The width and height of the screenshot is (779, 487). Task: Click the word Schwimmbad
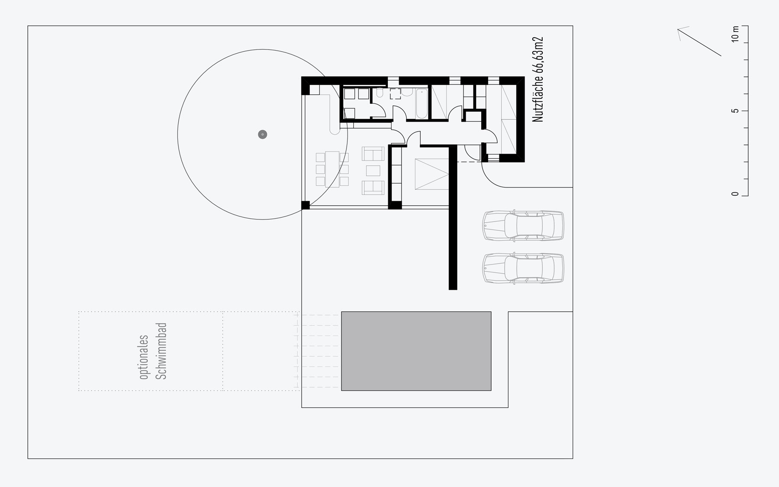pos(161,351)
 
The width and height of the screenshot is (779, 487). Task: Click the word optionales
pos(144,358)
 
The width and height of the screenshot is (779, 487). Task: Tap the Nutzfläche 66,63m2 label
pos(538,80)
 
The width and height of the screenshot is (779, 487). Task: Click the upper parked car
pos(523,226)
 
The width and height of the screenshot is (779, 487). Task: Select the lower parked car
pos(523,268)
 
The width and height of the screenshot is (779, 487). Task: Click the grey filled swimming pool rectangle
pos(416,351)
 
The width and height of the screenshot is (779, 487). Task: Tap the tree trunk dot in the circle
pos(262,134)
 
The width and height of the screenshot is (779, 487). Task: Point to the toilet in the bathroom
pos(380,93)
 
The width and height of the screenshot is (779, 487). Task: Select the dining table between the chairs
pos(332,169)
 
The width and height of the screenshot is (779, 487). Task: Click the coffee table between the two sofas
pos(373,170)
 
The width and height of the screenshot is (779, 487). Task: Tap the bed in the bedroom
pos(432,174)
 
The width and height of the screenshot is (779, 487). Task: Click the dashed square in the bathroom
pos(396,94)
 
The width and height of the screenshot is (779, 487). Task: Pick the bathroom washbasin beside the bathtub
pos(407,92)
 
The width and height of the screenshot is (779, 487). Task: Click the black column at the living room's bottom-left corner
pos(306,206)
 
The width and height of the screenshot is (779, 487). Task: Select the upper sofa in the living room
pos(373,154)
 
